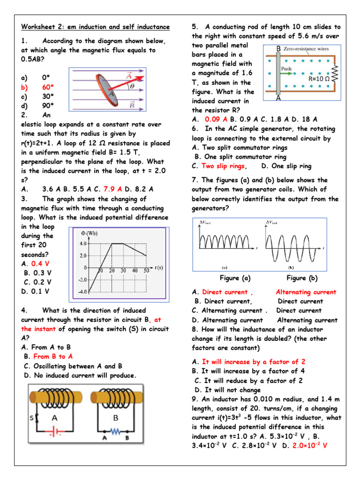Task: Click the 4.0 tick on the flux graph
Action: pos(82,244)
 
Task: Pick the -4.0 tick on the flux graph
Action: pos(82,292)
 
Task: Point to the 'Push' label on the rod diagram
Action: pos(286,68)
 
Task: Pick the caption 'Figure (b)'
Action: pos(302,278)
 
